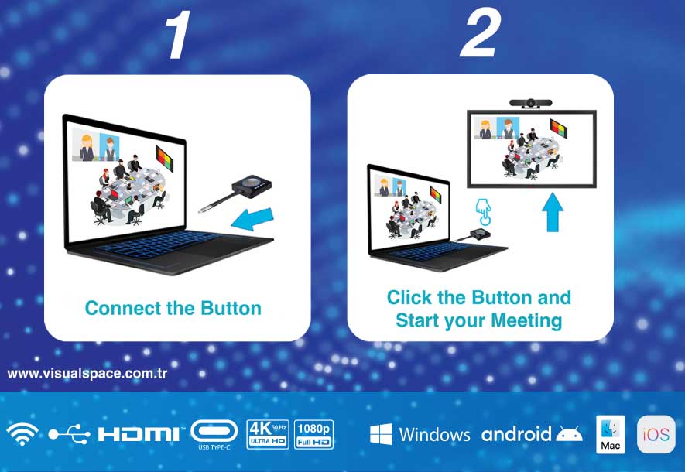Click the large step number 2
[x=480, y=34]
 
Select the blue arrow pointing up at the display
[x=552, y=212]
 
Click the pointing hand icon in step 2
[x=483, y=212]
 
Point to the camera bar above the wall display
[x=531, y=103]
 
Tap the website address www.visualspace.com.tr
[x=87, y=374]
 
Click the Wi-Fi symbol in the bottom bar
[x=22, y=434]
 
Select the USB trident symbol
[x=69, y=434]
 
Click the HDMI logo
[x=139, y=434]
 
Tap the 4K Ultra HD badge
[x=268, y=434]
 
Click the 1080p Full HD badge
[x=313, y=434]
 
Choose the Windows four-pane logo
[x=381, y=434]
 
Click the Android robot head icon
[x=569, y=433]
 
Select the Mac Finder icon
[x=610, y=434]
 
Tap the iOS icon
[x=656, y=434]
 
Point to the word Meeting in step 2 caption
[x=526, y=320]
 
